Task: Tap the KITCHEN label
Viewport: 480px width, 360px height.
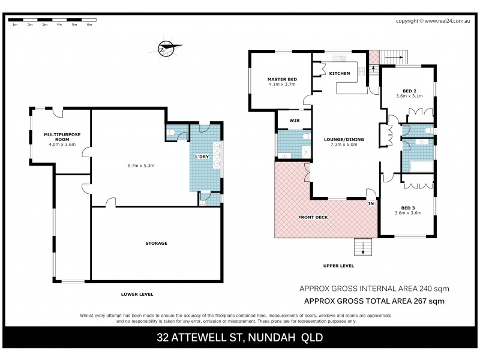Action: tap(340, 73)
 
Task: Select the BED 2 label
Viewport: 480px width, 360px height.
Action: tap(410, 90)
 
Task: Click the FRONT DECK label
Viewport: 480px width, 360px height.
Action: tap(313, 217)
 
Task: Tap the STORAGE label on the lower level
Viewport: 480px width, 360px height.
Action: tap(155, 243)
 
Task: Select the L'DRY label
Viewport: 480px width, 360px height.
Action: tap(201, 157)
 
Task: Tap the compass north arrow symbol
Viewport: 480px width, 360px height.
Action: tap(164, 47)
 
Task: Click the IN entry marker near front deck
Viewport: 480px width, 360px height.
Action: tap(371, 204)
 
